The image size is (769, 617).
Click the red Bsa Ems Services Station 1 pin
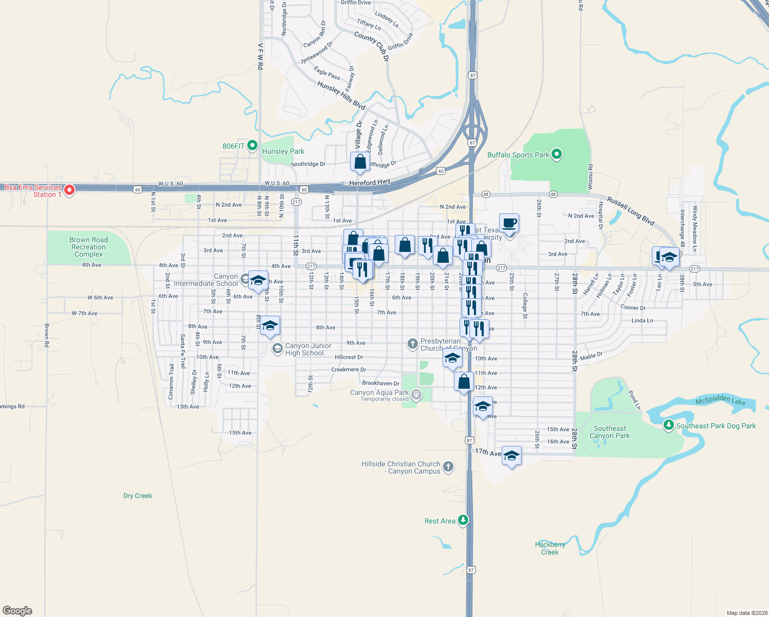pos(69,190)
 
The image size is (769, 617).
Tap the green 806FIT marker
pos(252,146)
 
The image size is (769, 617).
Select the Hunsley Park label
pos(283,151)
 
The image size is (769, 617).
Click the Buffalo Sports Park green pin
pos(557,154)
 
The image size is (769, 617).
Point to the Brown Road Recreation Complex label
pos(89,247)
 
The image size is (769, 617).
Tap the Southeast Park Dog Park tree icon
pos(668,425)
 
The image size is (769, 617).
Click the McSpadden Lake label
pos(720,400)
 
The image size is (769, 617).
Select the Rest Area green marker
pos(463,520)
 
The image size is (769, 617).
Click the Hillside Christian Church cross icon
pos(448,466)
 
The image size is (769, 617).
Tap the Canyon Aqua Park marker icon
pos(416,395)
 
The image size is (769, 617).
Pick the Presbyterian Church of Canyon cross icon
pos(412,344)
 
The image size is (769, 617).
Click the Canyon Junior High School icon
pos(277,349)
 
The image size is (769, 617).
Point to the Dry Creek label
pos(138,496)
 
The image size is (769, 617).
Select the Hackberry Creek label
pos(550,548)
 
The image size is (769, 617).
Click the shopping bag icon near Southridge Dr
pos(360,161)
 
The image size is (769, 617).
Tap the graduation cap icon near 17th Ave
pos(511,455)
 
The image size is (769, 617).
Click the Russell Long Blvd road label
pos(631,211)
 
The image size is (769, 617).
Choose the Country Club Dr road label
pos(372,47)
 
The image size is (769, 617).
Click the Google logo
pos(17,610)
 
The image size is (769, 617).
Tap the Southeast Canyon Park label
pos(610,432)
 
